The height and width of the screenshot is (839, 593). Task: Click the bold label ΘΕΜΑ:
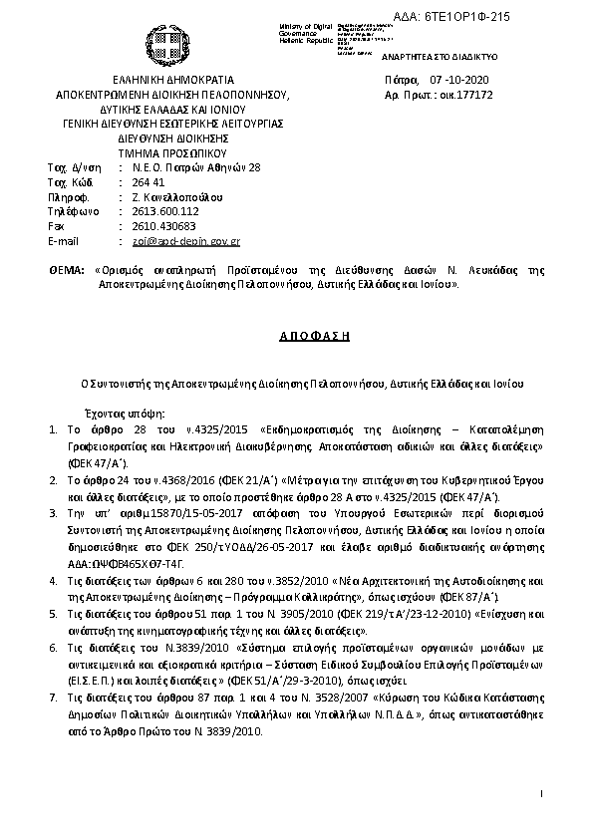pos(67,270)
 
